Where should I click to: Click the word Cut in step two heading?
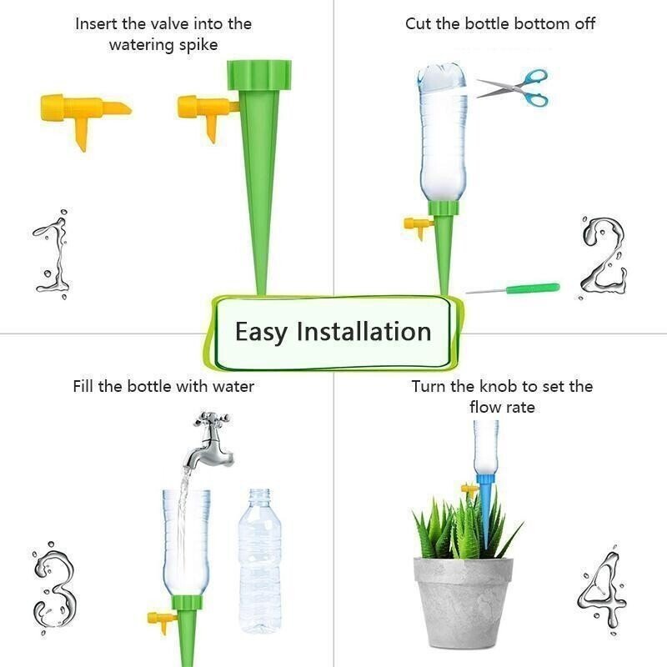[x=418, y=23]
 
